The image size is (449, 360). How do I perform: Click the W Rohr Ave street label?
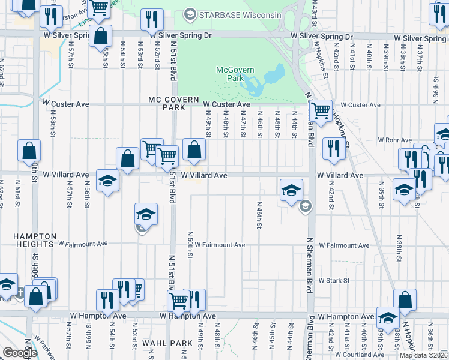pos(393,140)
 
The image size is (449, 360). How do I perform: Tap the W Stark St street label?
pos(334,280)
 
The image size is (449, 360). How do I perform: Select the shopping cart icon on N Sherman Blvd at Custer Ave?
pos(321,110)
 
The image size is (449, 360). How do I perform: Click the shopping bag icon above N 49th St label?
pos(194,149)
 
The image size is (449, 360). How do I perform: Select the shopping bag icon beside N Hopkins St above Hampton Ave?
pos(405,300)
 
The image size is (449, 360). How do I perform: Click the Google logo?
pos(20,353)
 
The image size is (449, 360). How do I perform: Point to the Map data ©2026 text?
pos(423,355)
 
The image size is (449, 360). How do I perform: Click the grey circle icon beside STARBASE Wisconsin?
pos(190,13)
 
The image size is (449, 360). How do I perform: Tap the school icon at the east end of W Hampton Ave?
pos(387,317)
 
